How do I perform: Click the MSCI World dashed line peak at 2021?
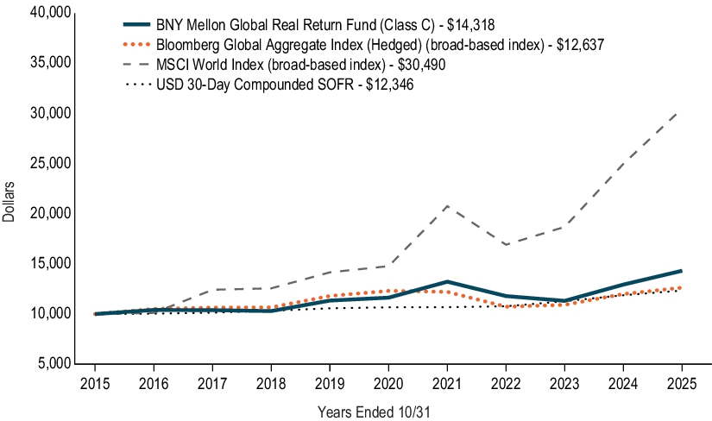[447, 205]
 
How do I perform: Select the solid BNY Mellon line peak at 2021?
[447, 281]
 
